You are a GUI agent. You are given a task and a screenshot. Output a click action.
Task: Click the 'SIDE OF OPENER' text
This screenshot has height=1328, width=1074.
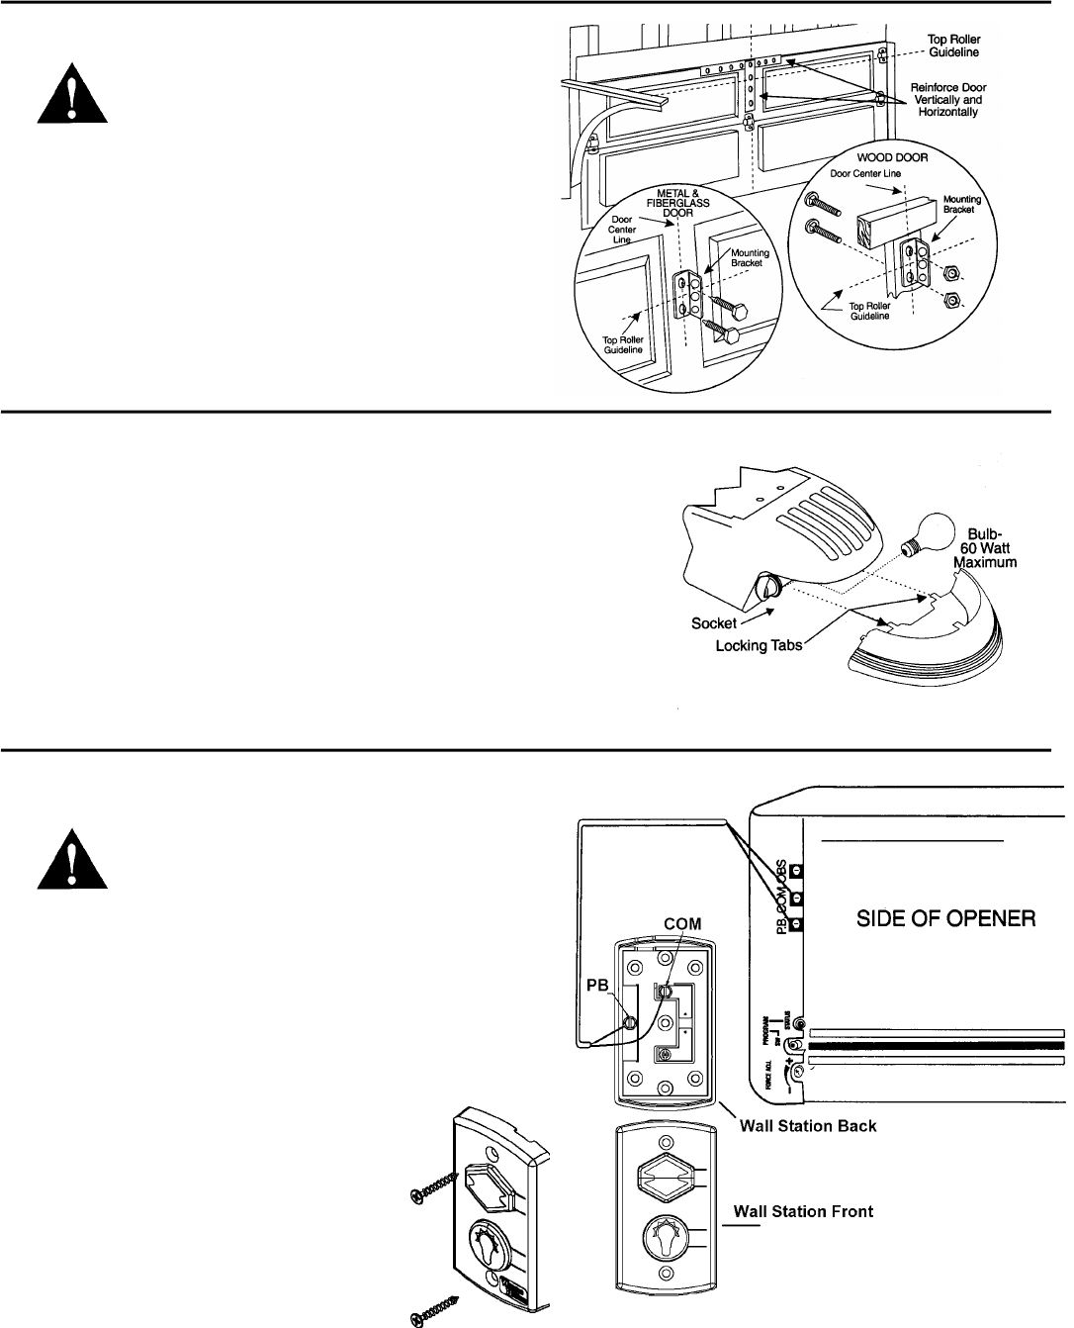(x=945, y=919)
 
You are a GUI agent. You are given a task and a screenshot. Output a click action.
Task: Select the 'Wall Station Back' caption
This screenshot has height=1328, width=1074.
(x=808, y=1125)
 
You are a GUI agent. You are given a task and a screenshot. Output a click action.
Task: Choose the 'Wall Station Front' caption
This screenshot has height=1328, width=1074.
(x=802, y=1211)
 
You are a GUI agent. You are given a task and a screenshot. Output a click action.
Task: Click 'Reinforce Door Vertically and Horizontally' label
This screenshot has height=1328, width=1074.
(x=946, y=100)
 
